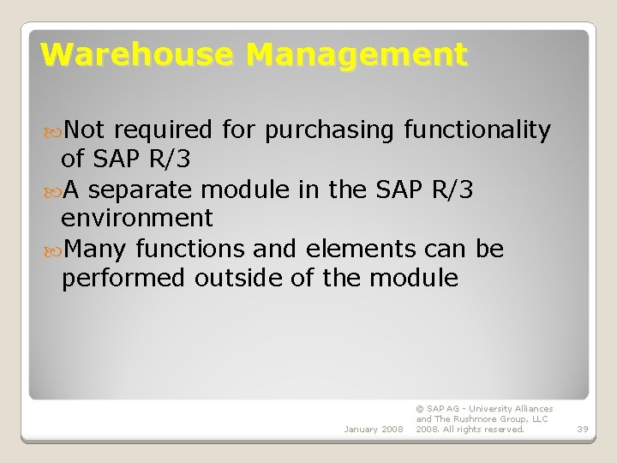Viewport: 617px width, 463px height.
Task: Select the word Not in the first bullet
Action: point(83,129)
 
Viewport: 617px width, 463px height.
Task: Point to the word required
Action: point(163,130)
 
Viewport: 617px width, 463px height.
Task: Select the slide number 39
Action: point(583,429)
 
